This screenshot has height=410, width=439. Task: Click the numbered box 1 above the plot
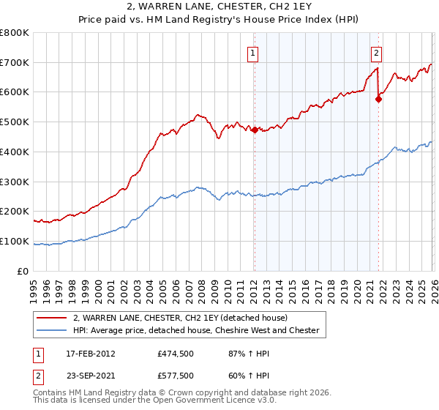coord(252,52)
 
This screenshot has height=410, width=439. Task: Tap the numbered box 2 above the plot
coord(375,52)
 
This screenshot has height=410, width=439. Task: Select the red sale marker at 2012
coord(255,130)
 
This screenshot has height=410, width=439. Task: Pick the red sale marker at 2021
coord(378,100)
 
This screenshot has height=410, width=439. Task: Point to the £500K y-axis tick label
coord(15,122)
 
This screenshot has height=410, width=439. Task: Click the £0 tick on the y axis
coord(23,272)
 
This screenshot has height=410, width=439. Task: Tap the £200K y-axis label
coord(15,212)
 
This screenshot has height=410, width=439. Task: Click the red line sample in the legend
coord(52,318)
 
